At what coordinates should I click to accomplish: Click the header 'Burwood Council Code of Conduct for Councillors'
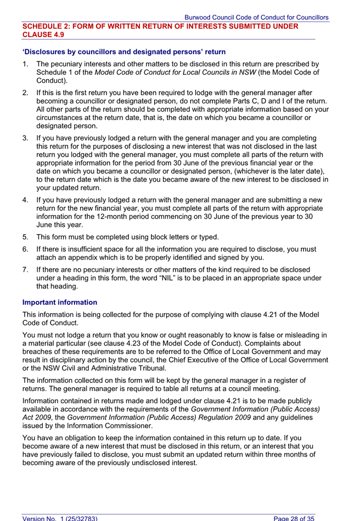pyautogui.click(x=256, y=18)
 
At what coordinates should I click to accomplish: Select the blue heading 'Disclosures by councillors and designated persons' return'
pyautogui.click(x=123, y=52)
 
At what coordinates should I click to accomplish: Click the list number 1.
pyautogui.click(x=25, y=64)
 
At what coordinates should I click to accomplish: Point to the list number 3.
pyautogui.click(x=25, y=138)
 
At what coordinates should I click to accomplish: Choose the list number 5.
pyautogui.click(x=25, y=237)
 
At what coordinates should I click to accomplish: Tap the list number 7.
pyautogui.click(x=25, y=269)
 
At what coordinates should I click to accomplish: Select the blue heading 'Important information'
pyautogui.click(x=60, y=302)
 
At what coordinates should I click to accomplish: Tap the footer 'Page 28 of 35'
pyautogui.click(x=294, y=518)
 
